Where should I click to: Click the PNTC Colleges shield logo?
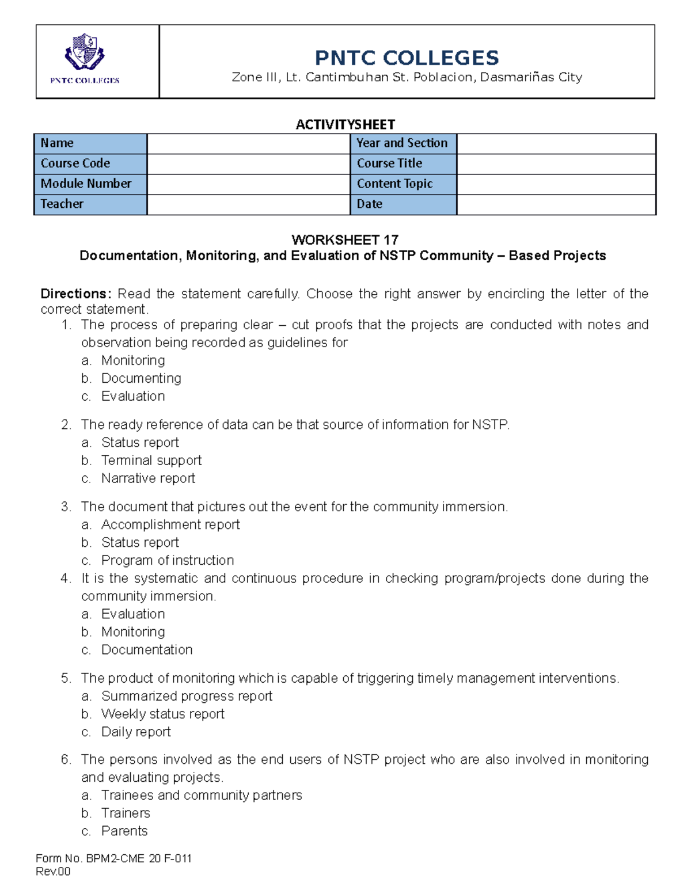(x=85, y=52)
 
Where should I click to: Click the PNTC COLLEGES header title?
(x=407, y=58)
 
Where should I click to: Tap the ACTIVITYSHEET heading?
(x=345, y=124)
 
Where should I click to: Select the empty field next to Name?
(x=248, y=143)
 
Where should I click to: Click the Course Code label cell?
(x=90, y=163)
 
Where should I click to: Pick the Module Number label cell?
(x=90, y=184)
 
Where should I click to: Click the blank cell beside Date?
(x=556, y=204)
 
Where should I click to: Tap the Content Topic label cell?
(x=403, y=184)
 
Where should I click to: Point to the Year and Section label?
(x=403, y=143)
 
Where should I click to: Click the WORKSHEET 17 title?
(x=345, y=239)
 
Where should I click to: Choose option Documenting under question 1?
(x=141, y=378)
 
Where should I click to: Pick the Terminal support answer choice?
(x=151, y=461)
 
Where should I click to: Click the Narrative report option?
(x=148, y=478)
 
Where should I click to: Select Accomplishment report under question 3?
(x=170, y=524)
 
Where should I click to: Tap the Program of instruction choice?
(x=168, y=560)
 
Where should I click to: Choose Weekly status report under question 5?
(x=163, y=714)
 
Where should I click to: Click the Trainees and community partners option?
(x=202, y=795)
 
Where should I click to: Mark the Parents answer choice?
(x=124, y=831)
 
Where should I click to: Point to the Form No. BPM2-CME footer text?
(x=113, y=858)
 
